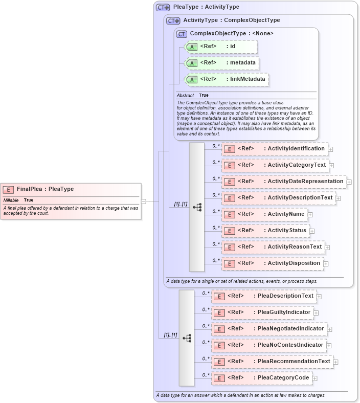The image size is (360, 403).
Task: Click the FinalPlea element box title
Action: point(45,189)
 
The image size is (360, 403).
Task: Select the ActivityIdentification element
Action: point(275,149)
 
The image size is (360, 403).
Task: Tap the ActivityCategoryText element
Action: point(275,165)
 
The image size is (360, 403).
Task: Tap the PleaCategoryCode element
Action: point(262,378)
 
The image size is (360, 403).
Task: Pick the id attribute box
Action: point(220,47)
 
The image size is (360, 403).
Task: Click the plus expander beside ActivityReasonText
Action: point(328,248)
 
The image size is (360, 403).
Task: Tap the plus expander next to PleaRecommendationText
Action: point(336,362)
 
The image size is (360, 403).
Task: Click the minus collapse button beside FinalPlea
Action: point(144,201)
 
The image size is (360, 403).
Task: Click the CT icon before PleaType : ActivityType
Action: point(163,8)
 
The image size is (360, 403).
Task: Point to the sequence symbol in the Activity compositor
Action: point(197,207)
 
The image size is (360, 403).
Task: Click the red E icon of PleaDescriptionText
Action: point(219,296)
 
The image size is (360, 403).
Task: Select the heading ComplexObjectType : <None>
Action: point(232,34)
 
